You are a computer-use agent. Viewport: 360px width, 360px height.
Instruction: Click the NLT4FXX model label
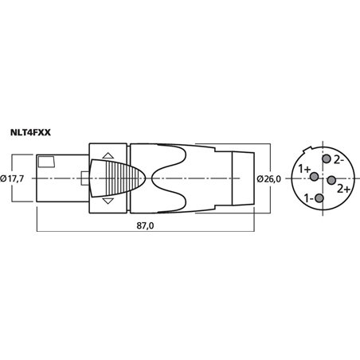tap(30, 132)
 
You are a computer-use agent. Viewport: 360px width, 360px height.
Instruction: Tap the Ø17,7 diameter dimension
tap(12, 178)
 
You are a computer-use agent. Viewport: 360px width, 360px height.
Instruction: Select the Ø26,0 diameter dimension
tap(268, 179)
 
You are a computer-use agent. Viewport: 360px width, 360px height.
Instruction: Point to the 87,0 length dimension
tap(145, 225)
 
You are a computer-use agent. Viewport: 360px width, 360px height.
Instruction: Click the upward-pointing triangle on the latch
tap(108, 155)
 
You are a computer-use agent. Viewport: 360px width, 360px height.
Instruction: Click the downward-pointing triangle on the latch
tap(108, 201)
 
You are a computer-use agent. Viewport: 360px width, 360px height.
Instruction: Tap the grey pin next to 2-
tap(327, 159)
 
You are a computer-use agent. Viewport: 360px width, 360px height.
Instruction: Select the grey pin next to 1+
tap(315, 177)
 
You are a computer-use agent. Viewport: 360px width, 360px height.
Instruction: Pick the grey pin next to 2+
tap(331, 180)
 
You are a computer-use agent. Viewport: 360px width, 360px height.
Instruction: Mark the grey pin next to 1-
tap(319, 198)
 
